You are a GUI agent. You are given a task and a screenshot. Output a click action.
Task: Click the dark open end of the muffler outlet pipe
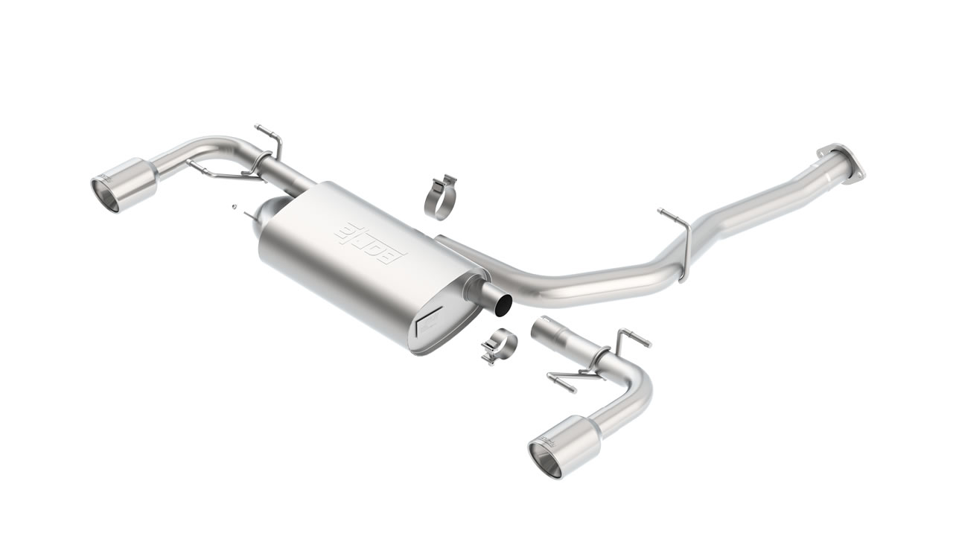[x=504, y=303]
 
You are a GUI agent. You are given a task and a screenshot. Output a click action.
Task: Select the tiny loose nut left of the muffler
[x=232, y=202]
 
